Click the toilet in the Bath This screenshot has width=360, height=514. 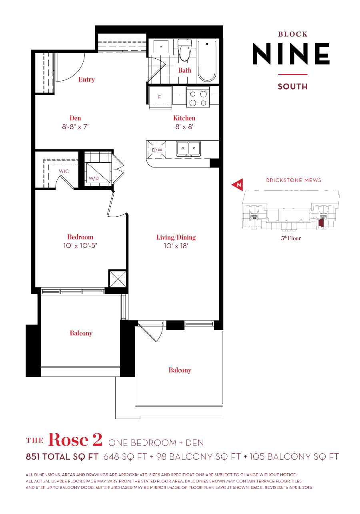click(x=184, y=51)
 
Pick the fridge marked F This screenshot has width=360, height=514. click(x=160, y=97)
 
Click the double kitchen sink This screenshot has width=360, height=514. click(x=189, y=149)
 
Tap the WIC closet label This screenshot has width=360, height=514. click(x=64, y=171)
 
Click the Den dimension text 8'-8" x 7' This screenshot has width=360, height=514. click(x=75, y=127)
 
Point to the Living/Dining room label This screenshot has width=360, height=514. click(x=176, y=237)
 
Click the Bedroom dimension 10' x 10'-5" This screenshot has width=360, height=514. click(x=80, y=246)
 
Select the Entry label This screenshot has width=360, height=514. click(x=86, y=80)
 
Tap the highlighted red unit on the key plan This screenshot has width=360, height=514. click(x=320, y=223)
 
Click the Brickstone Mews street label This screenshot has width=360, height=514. click(x=294, y=180)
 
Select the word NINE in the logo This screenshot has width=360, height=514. click(x=291, y=54)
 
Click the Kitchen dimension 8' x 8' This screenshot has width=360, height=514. click(x=184, y=127)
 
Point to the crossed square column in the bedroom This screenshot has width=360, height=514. click(x=117, y=279)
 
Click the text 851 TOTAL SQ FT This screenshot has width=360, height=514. click(x=62, y=457)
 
